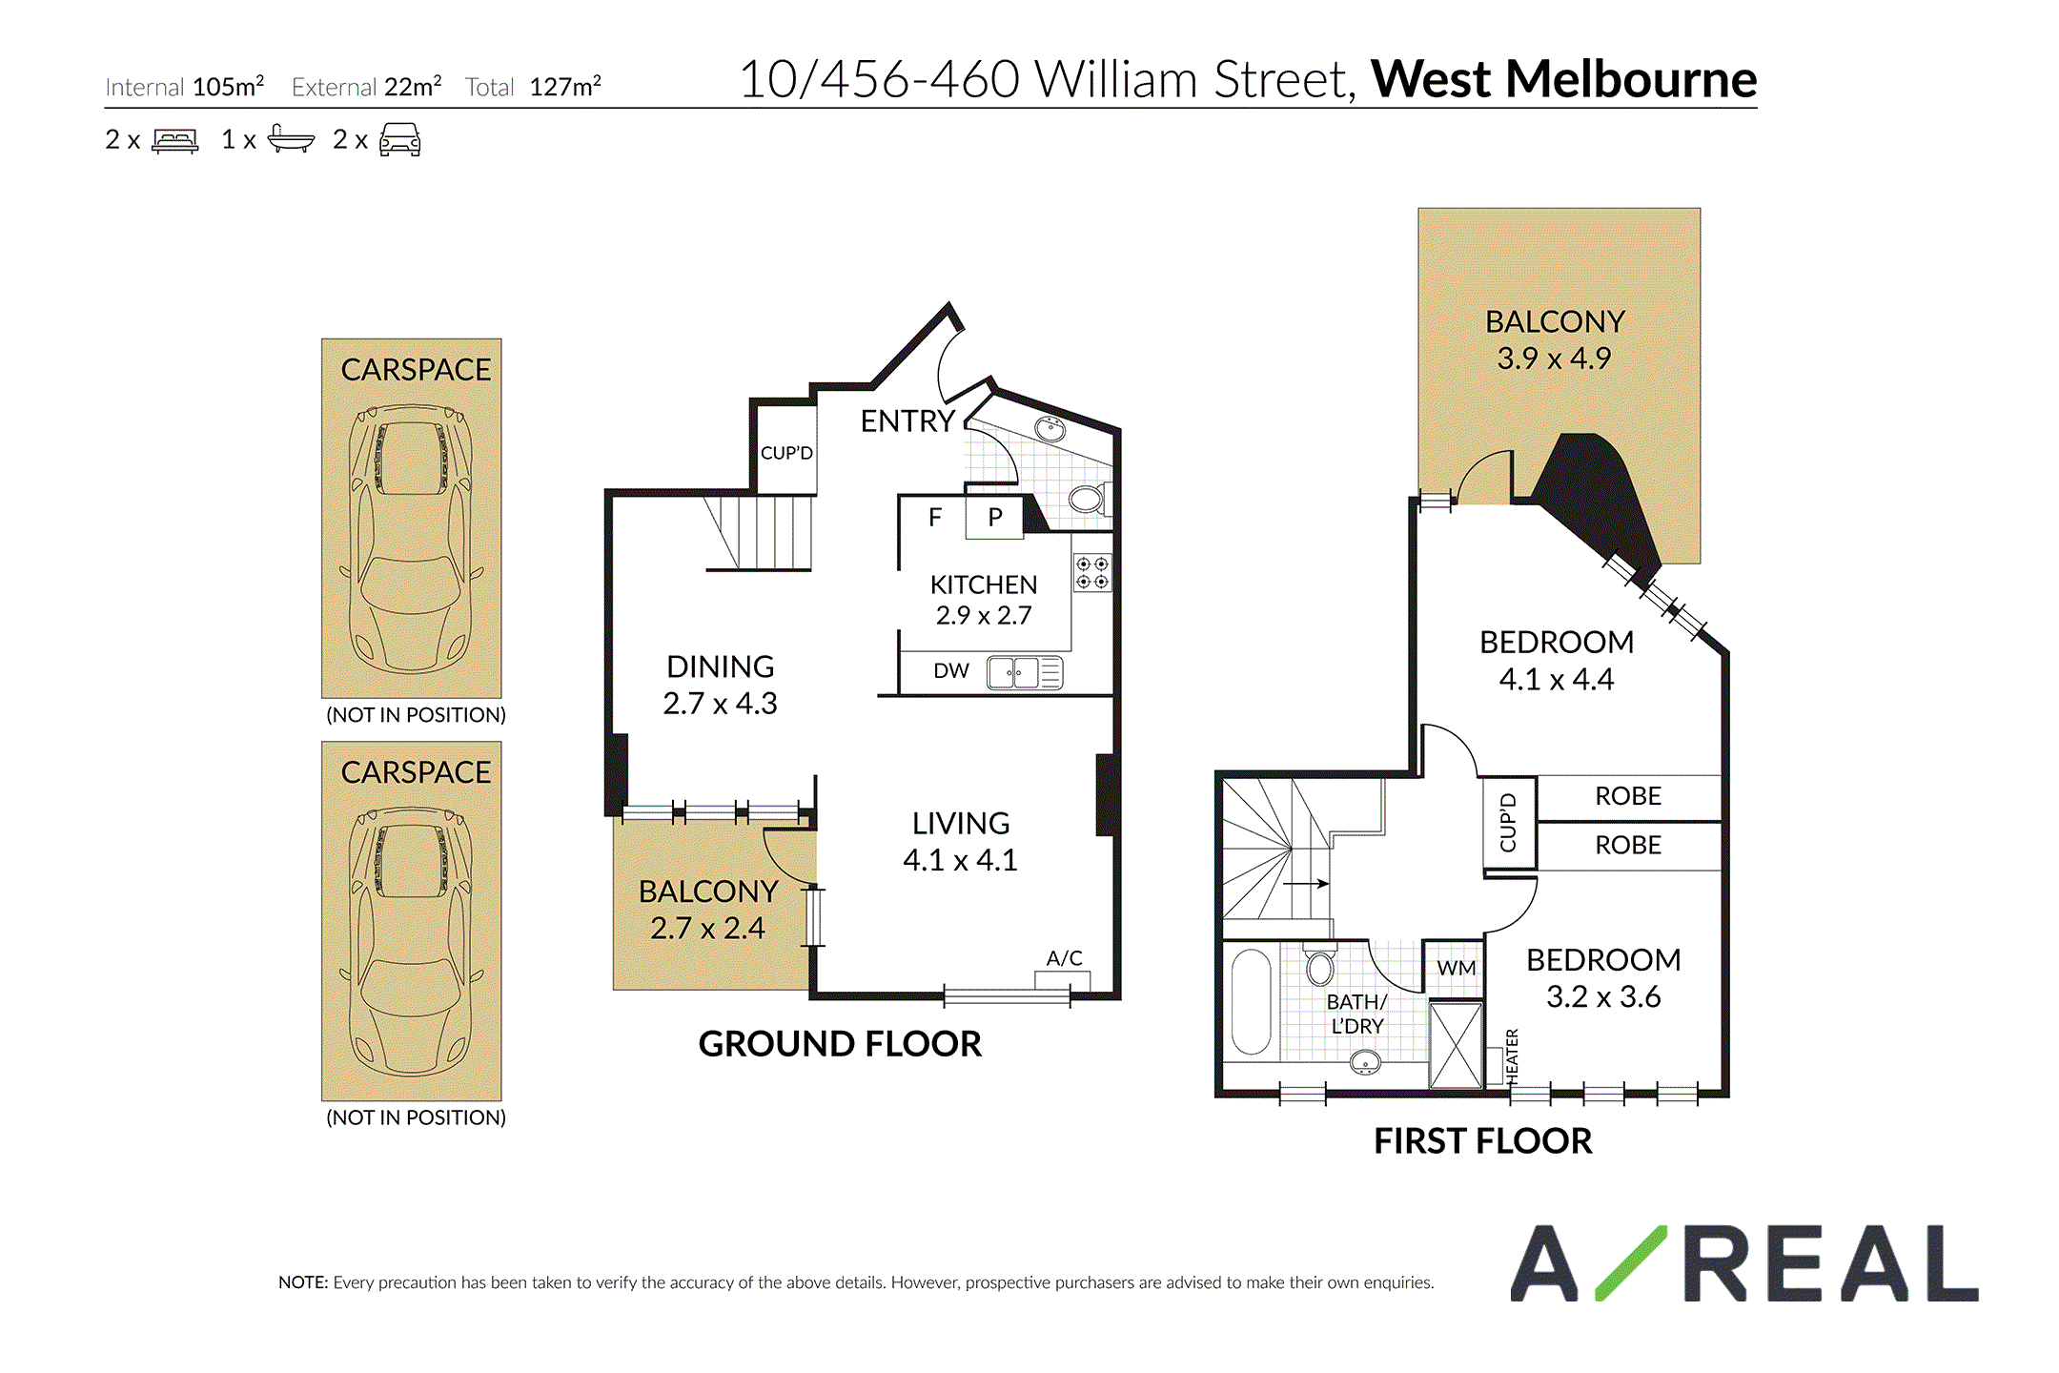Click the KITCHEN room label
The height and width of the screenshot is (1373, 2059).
(x=983, y=584)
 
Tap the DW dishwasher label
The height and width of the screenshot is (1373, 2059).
(x=950, y=670)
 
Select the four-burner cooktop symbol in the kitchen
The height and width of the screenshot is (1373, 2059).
(x=1091, y=573)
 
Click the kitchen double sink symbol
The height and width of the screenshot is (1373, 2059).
(x=1025, y=672)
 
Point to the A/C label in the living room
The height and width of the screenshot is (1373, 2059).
(x=1064, y=957)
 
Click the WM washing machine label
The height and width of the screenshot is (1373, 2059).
(x=1456, y=968)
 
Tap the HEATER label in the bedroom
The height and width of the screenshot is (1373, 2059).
(x=1512, y=1056)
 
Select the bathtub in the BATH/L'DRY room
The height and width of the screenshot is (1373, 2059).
(x=1251, y=1001)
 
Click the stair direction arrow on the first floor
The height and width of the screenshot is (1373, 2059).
(x=1306, y=884)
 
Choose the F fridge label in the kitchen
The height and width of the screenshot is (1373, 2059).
(x=935, y=517)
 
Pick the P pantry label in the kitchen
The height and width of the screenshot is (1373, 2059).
(x=995, y=517)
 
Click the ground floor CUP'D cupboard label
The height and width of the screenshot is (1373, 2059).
(x=786, y=452)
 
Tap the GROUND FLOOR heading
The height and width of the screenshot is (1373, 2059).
(x=840, y=1044)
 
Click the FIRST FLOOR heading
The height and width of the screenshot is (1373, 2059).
(x=1482, y=1141)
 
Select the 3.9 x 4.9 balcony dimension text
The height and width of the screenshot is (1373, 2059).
(x=1554, y=359)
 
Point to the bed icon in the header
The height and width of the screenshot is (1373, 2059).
(x=175, y=141)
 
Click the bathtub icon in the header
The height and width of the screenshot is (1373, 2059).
(x=291, y=139)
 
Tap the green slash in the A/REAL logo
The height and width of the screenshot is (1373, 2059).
(x=1631, y=1263)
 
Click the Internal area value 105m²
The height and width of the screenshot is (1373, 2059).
(x=228, y=86)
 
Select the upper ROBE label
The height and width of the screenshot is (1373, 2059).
(x=1628, y=796)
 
